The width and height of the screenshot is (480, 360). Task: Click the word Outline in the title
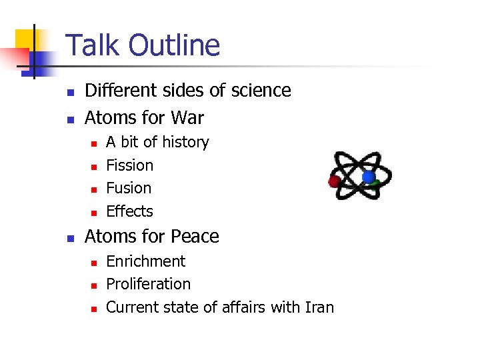[x=175, y=45]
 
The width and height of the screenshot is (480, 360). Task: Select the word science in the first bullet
[x=263, y=91]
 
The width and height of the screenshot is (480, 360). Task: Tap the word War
[x=187, y=118]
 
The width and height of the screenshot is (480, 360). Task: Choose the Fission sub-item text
[x=129, y=165]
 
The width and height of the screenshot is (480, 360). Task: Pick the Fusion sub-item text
[x=129, y=188]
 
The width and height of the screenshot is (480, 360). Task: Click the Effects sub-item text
[x=129, y=211]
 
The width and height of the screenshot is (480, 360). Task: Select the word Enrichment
[x=145, y=261]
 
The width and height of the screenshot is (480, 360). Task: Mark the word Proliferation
[x=148, y=284]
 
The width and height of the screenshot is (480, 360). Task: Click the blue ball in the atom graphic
[x=368, y=177]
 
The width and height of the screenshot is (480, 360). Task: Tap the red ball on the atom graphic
[x=335, y=181]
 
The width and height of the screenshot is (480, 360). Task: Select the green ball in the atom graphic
[x=377, y=182]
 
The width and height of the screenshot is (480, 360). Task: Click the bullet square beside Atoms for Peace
[x=70, y=238]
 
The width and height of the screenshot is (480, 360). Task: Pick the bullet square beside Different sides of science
[x=70, y=92]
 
